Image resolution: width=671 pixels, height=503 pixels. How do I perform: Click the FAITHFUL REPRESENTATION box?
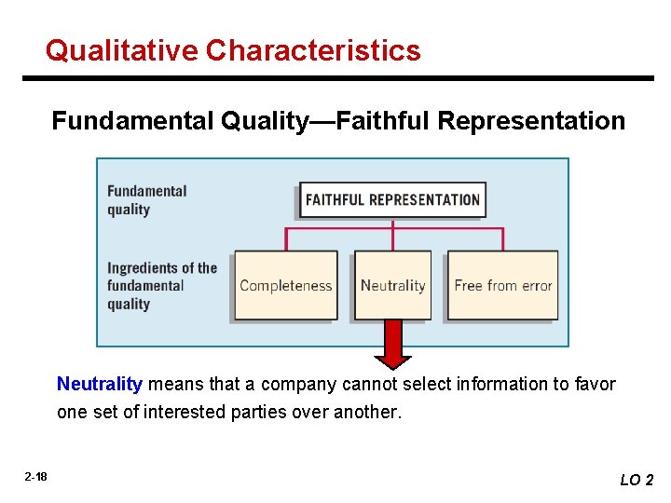click(392, 200)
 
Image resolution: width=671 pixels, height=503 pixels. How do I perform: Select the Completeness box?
click(285, 285)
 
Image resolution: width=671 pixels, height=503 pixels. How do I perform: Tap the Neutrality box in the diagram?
click(392, 285)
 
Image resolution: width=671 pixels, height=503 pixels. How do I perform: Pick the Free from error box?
click(503, 285)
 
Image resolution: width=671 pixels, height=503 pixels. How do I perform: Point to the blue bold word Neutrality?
click(100, 384)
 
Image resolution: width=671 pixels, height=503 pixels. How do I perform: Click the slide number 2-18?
click(35, 477)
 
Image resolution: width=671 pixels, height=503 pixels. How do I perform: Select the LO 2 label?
click(637, 480)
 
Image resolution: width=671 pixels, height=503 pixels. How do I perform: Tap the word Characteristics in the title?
click(313, 50)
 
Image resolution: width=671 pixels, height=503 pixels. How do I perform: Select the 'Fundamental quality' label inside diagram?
click(146, 200)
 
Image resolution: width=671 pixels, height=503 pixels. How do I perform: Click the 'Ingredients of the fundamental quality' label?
click(161, 285)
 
